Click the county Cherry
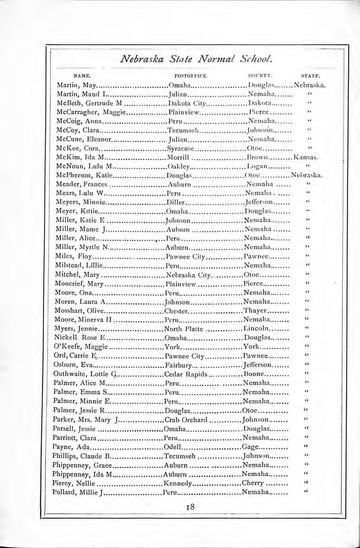coord(252,483)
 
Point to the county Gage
coord(250,446)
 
